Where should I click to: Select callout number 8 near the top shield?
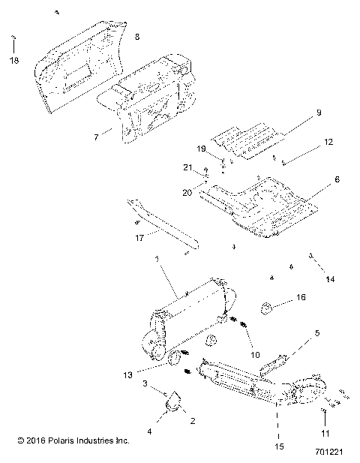[136, 37]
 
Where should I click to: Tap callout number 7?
[95, 137]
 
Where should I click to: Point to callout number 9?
[318, 113]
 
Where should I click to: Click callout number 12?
[328, 141]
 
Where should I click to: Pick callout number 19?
[201, 149]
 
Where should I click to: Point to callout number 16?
[301, 298]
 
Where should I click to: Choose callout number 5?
[316, 332]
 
